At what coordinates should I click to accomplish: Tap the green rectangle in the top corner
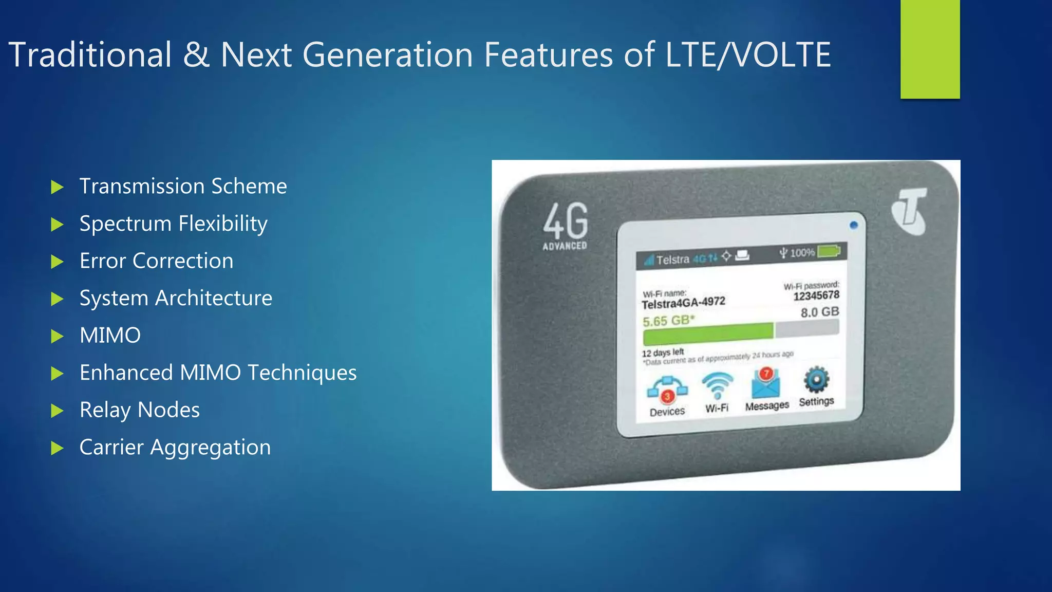pyautogui.click(x=930, y=49)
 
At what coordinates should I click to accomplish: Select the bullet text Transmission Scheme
pyautogui.click(x=183, y=186)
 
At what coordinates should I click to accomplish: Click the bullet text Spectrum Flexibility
pyautogui.click(x=173, y=224)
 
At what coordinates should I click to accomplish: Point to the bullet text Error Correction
pyautogui.click(x=156, y=261)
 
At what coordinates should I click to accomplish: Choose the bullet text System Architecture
pyautogui.click(x=176, y=298)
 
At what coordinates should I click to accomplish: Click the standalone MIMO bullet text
pyautogui.click(x=110, y=336)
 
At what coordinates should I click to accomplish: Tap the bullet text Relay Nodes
pyautogui.click(x=139, y=410)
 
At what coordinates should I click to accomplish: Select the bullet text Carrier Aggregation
pyautogui.click(x=175, y=448)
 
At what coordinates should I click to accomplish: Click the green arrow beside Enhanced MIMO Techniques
pyautogui.click(x=57, y=374)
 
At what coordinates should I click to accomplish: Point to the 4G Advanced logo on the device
pyautogui.click(x=566, y=226)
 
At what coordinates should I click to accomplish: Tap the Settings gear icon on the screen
pyautogui.click(x=816, y=381)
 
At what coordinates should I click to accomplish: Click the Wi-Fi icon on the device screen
pyautogui.click(x=717, y=385)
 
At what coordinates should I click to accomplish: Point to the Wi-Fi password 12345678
pyautogui.click(x=816, y=295)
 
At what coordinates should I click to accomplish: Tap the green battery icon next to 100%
pyautogui.click(x=829, y=251)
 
